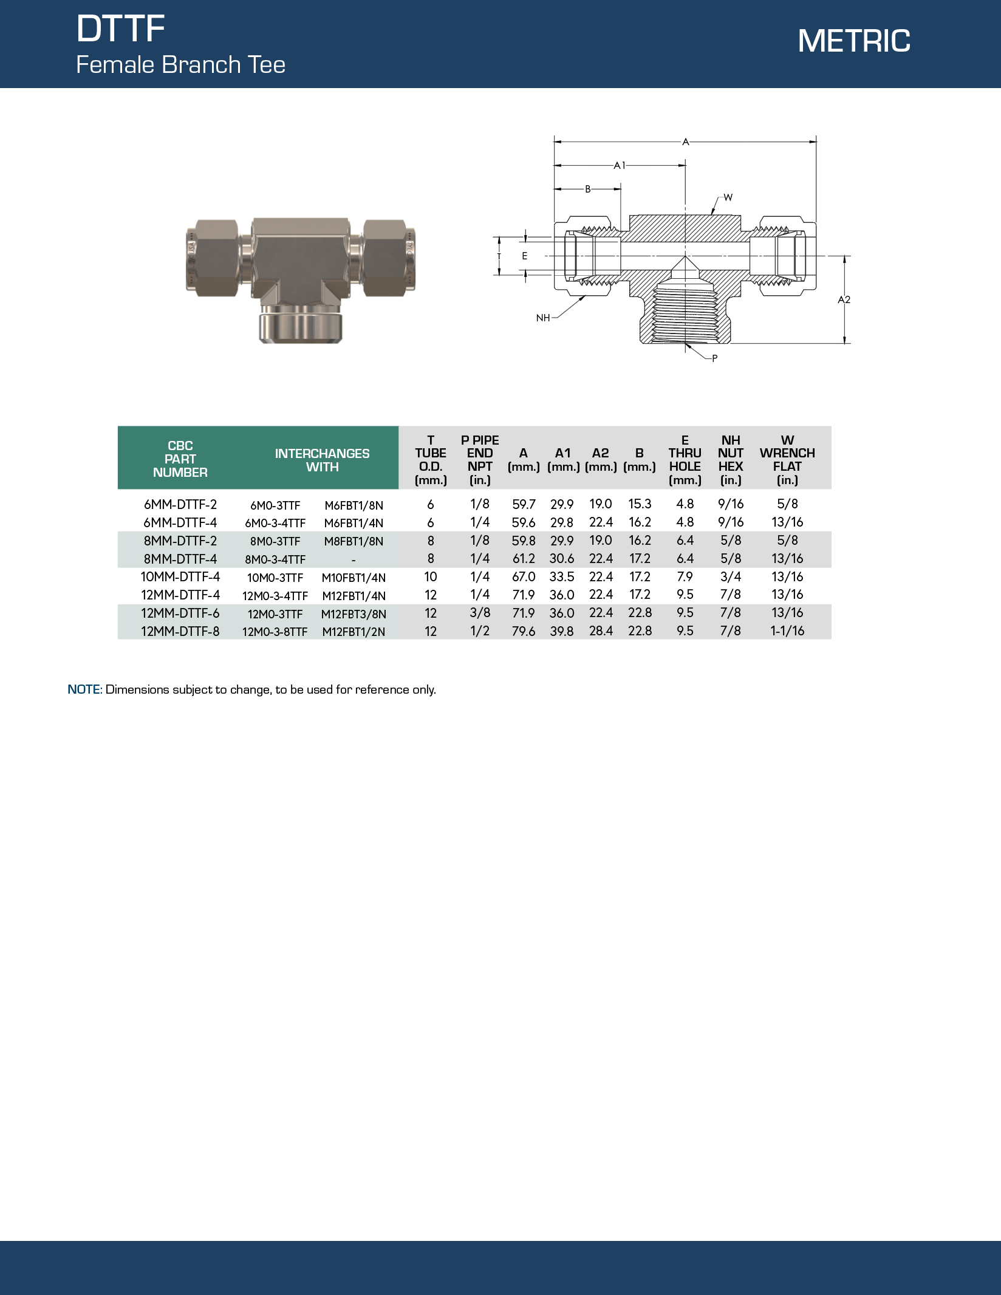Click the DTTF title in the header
click(120, 29)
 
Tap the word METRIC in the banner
click(853, 41)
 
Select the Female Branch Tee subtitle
click(180, 65)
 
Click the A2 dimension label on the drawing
click(844, 299)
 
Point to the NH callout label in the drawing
click(542, 318)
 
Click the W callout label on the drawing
click(728, 197)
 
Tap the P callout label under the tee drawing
click(714, 358)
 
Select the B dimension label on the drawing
click(587, 189)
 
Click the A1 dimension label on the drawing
click(619, 165)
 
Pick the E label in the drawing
click(525, 256)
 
